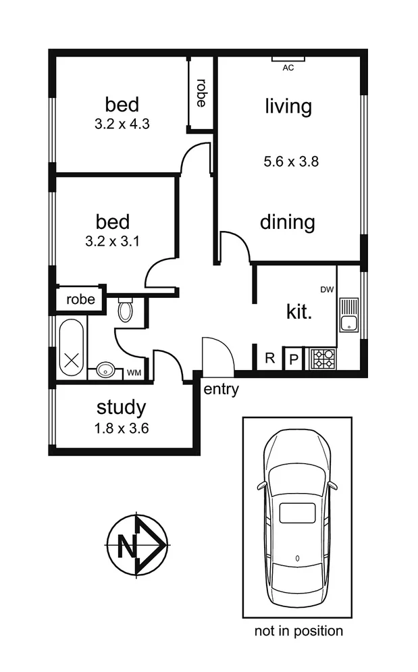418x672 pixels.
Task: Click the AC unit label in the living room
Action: [x=288, y=68]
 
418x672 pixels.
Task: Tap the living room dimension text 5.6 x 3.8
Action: [x=290, y=161]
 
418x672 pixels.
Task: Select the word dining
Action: [x=288, y=222]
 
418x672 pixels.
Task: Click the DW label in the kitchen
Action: [x=328, y=290]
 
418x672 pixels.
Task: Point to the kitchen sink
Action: [x=349, y=315]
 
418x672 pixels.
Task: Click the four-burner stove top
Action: [x=322, y=358]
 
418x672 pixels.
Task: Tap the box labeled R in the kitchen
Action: [x=269, y=358]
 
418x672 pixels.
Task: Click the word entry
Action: [x=221, y=390]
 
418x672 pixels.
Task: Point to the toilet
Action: [x=126, y=310]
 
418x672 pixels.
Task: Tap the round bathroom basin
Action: [x=105, y=369]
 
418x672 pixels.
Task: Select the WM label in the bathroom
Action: [x=134, y=372]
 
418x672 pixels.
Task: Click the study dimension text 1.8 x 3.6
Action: [x=122, y=427]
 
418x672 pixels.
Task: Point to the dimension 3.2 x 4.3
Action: [x=122, y=124]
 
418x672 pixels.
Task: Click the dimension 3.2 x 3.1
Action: [x=122, y=241]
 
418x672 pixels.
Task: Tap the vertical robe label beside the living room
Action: [x=201, y=94]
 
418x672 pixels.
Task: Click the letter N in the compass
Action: [x=126, y=546]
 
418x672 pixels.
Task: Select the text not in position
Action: [x=298, y=631]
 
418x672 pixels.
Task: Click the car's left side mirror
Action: [x=261, y=485]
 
